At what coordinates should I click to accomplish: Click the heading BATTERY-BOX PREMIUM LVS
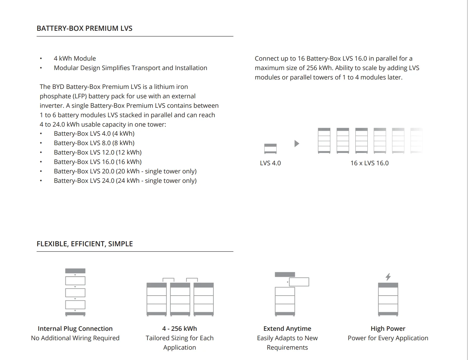coord(85,28)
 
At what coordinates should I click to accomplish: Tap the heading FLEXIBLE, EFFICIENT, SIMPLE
coord(85,244)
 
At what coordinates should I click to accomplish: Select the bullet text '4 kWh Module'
coord(75,58)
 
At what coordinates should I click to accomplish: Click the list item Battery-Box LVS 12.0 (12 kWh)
coord(98,152)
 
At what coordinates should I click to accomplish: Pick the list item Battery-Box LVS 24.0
coord(125,181)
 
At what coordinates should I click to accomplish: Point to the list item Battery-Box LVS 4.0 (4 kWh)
coord(94,134)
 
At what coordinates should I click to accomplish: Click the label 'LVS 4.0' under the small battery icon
coord(270,163)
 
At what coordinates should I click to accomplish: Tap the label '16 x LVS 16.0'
coord(369,163)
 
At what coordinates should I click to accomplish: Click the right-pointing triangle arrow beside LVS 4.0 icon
coord(296,144)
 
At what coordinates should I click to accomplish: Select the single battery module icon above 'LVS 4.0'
coord(270,148)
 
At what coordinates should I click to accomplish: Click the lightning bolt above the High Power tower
coord(388,277)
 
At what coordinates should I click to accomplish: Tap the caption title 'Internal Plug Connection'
coord(75,329)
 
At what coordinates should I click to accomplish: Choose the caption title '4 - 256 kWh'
coord(179,329)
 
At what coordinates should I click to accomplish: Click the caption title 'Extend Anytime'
coord(287,329)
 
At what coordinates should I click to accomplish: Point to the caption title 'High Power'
coord(388,329)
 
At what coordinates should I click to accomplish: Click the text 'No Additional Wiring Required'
coord(75,338)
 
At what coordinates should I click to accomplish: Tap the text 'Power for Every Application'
coord(388,338)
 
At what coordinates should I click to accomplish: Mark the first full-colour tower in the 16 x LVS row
coord(324,140)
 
